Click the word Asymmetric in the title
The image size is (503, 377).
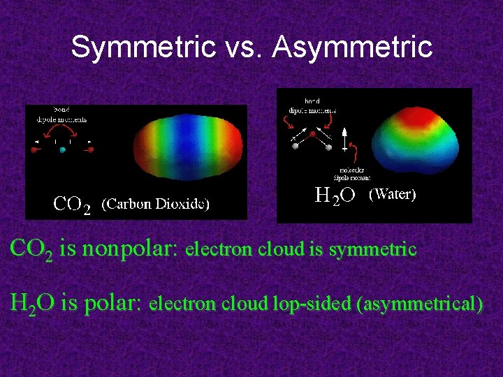click(353, 47)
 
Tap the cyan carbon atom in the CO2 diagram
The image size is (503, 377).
click(63, 149)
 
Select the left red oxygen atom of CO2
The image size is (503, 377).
click(34, 149)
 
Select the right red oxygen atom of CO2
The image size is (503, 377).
click(91, 149)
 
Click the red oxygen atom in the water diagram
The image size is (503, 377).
click(312, 133)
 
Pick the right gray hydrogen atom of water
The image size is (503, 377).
click(329, 147)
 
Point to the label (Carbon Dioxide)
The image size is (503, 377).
click(156, 204)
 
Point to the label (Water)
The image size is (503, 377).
click(392, 194)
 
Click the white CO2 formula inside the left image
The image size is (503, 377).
click(72, 205)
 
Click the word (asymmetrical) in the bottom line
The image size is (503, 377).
click(418, 304)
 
